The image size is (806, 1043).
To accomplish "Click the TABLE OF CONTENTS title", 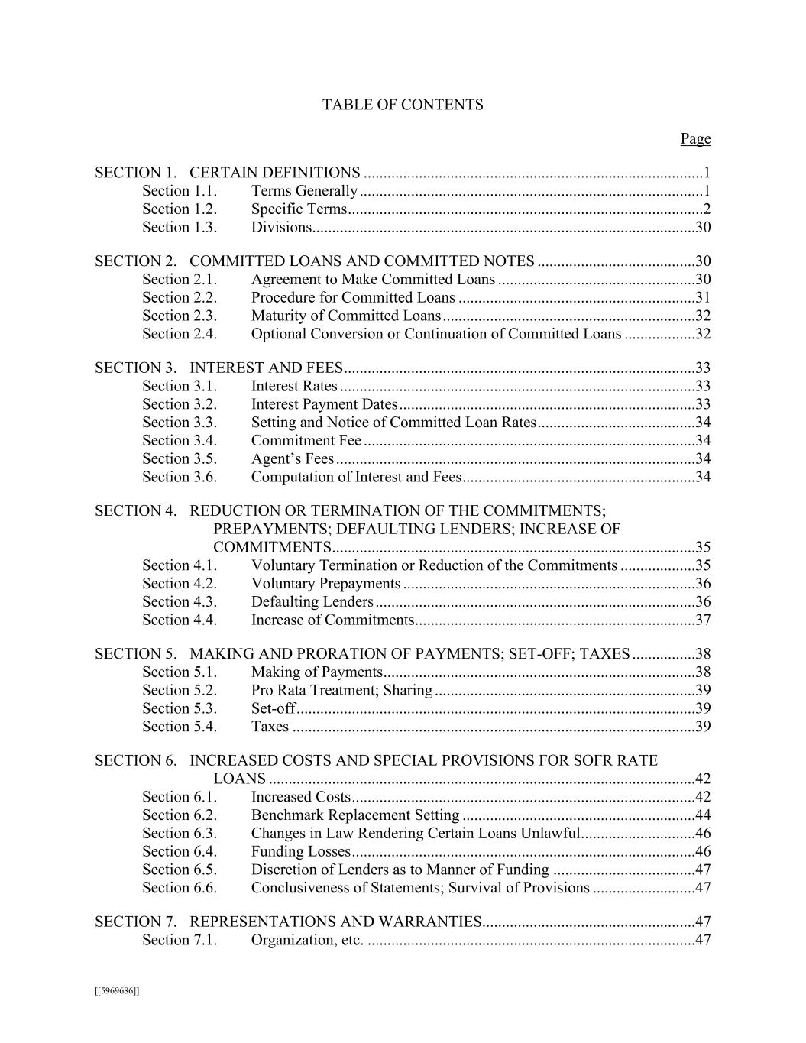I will tap(403, 105).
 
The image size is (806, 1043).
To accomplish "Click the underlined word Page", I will tap(695, 138).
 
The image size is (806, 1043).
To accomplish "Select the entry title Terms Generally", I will tap(304, 191).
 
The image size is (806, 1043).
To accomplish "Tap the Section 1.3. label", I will tap(180, 227).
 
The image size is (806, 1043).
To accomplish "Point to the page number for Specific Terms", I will tap(707, 209).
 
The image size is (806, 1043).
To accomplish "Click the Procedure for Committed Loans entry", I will tap(353, 297).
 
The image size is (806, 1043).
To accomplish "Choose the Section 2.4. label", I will tap(180, 334).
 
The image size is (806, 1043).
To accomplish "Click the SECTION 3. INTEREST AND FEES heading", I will tap(218, 368).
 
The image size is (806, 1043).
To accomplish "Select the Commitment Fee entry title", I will tap(306, 441).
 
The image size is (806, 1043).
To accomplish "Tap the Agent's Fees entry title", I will tap(293, 459).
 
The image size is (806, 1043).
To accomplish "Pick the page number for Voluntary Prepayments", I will tap(703, 584).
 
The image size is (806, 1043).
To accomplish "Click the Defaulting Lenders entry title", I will tap(312, 602).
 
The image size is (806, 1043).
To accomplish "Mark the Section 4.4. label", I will tap(180, 620).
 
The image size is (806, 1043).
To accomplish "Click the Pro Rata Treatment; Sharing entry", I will tap(341, 691).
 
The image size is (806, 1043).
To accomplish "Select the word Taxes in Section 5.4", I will tap(270, 727).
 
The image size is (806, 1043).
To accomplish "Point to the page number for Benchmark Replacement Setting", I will tap(703, 815).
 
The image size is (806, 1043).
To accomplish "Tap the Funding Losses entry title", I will tap(300, 852).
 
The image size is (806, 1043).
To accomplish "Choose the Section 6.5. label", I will tap(180, 870).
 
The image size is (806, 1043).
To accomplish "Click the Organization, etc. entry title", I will tap(306, 940).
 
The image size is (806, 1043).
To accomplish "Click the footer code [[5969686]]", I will tap(117, 991).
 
